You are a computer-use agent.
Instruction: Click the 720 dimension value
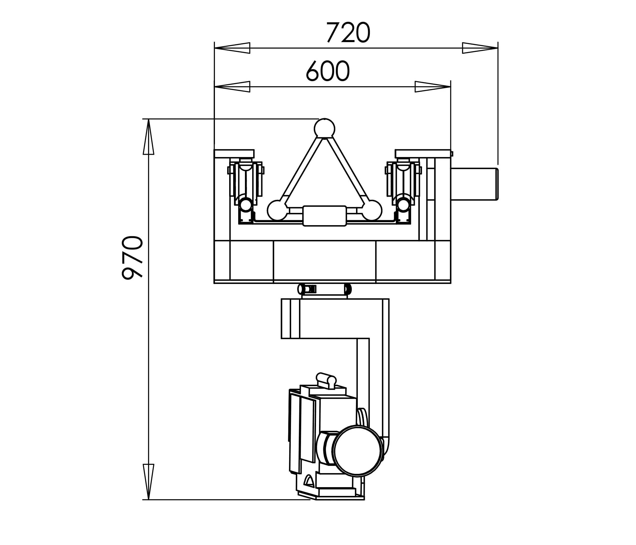348,33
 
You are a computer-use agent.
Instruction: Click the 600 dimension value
328,71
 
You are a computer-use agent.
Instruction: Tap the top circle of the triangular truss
325,128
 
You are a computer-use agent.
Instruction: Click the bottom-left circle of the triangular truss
277,210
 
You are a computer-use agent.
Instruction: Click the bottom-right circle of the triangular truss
372,210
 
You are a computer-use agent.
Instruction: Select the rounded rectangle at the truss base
325,216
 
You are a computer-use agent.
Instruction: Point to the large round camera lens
359,451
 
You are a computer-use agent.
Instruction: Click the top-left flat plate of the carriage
234,154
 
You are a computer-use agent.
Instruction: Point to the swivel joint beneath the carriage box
325,289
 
